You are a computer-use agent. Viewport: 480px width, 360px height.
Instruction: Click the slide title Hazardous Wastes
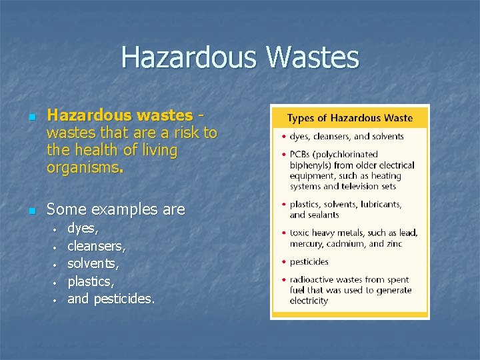pyautogui.click(x=240, y=58)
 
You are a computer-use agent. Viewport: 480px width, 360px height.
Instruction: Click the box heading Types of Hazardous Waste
pyautogui.click(x=349, y=118)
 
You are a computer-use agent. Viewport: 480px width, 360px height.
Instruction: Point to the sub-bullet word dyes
pyautogui.click(x=83, y=228)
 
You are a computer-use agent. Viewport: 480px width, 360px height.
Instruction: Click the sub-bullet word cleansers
pyautogui.click(x=97, y=246)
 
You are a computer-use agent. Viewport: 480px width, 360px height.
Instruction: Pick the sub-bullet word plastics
pyautogui.click(x=91, y=281)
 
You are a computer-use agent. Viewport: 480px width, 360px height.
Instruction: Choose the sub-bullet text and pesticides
pyautogui.click(x=111, y=299)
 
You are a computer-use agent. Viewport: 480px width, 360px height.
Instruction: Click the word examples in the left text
pyautogui.click(x=124, y=209)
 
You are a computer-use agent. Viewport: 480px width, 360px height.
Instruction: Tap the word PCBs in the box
pyautogui.click(x=303, y=155)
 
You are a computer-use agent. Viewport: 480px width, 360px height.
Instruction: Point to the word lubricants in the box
pyautogui.click(x=379, y=205)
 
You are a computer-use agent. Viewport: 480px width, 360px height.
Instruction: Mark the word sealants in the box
pyautogui.click(x=323, y=215)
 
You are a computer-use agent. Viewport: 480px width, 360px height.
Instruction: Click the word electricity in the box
pyautogui.click(x=309, y=301)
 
